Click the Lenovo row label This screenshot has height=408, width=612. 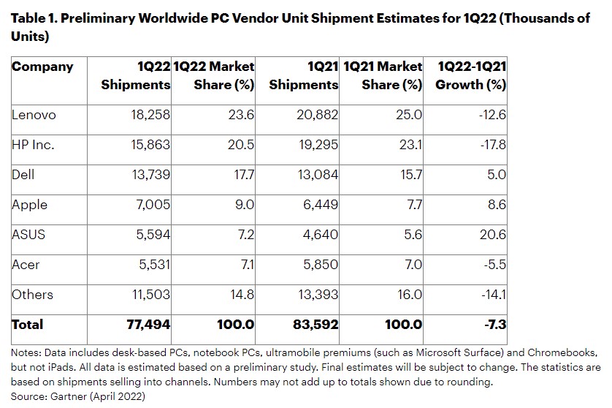click(x=34, y=115)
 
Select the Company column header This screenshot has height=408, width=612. click(x=42, y=67)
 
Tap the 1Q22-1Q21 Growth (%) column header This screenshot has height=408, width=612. click(x=471, y=75)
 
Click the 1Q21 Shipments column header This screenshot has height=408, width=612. click(x=305, y=75)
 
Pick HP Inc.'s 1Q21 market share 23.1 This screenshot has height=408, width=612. click(x=413, y=145)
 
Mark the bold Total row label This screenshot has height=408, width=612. click(x=28, y=325)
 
